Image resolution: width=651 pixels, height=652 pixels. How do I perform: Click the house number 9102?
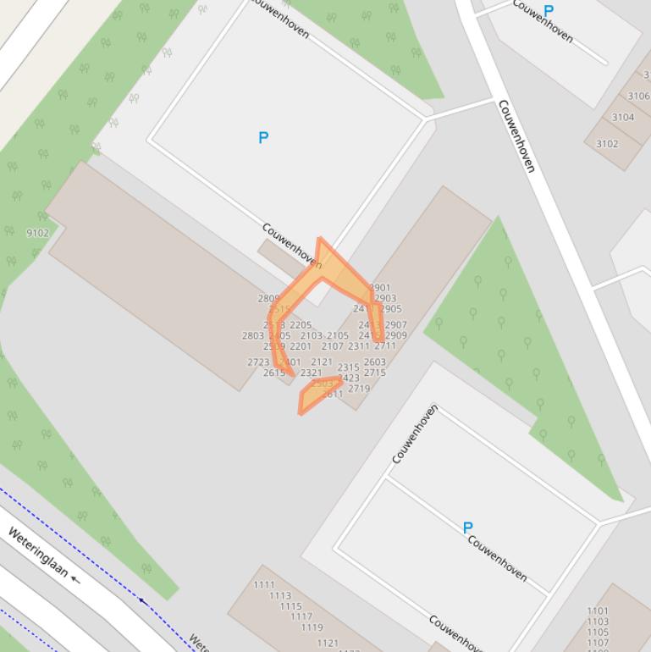[37, 233]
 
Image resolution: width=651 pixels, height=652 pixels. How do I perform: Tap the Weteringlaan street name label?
[37, 551]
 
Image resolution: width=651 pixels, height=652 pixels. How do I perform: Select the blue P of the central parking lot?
[263, 137]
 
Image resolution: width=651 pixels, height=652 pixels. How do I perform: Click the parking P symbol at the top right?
[549, 11]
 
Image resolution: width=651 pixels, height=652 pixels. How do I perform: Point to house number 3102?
[607, 144]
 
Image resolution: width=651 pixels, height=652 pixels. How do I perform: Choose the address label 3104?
[622, 118]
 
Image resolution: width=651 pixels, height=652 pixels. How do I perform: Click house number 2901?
[381, 288]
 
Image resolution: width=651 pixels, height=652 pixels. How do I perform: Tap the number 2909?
[396, 336]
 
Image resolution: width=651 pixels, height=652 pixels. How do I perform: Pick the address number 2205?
[301, 325]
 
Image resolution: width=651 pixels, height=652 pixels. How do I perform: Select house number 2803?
[252, 336]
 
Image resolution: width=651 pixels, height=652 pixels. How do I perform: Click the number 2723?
[258, 362]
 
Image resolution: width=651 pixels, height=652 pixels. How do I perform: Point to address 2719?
[359, 390]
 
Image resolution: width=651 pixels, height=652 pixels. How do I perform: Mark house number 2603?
[374, 362]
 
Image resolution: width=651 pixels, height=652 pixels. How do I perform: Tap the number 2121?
[322, 362]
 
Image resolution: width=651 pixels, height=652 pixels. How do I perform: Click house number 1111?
[264, 585]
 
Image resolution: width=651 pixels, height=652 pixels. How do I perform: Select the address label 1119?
[312, 628]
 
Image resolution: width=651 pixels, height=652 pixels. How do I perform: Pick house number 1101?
[598, 611]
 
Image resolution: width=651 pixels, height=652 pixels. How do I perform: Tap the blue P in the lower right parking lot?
[467, 528]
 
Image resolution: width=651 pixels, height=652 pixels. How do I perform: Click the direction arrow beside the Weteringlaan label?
[76, 580]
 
